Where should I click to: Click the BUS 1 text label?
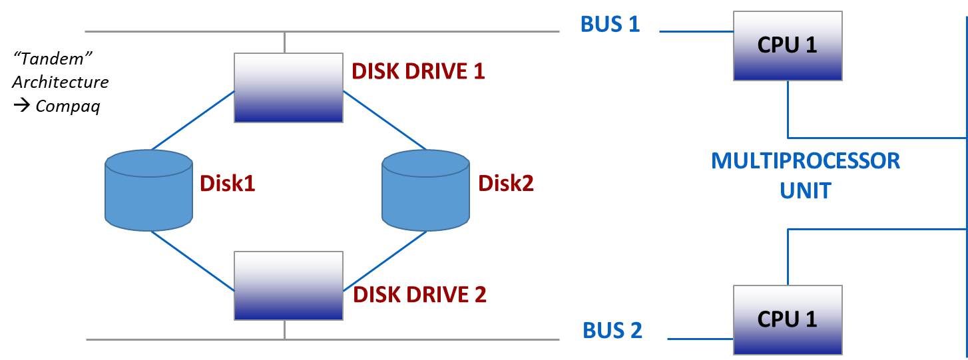pos(610,25)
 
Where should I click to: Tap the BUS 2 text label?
pos(612,331)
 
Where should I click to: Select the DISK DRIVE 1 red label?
pos(418,72)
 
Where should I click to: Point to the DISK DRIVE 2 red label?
pos(419,294)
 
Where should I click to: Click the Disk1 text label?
pos(227,184)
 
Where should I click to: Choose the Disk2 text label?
pos(506,184)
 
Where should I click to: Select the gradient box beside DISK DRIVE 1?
pos(288,88)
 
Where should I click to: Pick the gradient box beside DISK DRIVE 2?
pos(288,285)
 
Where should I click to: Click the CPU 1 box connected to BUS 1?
pos(788,46)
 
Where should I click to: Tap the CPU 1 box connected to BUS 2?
pos(788,319)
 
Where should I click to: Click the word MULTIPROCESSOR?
pos(806,161)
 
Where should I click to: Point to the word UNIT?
pos(806,191)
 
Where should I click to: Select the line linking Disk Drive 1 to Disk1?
pos(193,120)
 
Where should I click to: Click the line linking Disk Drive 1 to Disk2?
pos(384,120)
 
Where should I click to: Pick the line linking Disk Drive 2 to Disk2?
pos(385,261)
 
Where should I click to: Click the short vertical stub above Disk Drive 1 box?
pos(284,42)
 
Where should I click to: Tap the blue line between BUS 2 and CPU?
pos(699,339)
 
